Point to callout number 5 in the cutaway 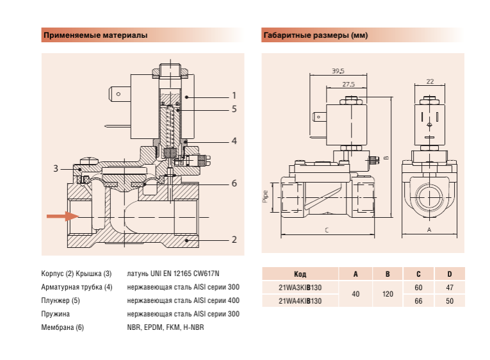[x=234, y=110]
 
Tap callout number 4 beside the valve [x=234, y=140]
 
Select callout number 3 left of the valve [x=56, y=168]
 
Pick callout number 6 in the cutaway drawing [x=234, y=183]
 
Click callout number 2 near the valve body [x=234, y=240]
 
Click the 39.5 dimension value [x=338, y=70]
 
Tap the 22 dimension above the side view [x=429, y=81]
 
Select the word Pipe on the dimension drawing [x=266, y=196]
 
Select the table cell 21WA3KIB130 [x=300, y=288]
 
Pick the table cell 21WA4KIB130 [x=300, y=300]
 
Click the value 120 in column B [x=387, y=294]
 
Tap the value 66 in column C [x=418, y=300]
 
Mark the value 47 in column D [x=449, y=288]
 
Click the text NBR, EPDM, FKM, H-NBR [x=165, y=327]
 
